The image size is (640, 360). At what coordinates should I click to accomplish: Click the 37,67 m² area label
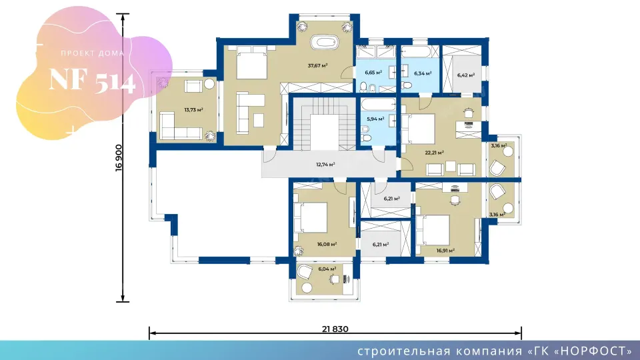[317, 65]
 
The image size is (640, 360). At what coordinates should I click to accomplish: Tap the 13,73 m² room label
[193, 110]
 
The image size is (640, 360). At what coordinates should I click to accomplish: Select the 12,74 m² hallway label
[325, 165]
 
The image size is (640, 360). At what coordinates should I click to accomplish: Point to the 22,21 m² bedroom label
[434, 153]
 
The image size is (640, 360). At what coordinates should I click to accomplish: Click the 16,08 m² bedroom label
[327, 244]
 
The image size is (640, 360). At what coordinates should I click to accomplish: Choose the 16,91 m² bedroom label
[445, 251]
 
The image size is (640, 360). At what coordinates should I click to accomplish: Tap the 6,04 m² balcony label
[327, 269]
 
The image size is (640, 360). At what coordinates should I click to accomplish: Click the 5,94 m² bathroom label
[375, 119]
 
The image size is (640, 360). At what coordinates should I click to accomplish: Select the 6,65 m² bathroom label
[373, 72]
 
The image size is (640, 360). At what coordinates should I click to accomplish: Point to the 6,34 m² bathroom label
[423, 73]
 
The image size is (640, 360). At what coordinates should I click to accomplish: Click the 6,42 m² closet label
[466, 75]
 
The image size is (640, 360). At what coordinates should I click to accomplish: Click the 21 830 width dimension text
[335, 329]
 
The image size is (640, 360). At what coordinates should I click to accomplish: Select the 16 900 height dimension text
[119, 157]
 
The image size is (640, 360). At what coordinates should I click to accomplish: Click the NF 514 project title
[92, 81]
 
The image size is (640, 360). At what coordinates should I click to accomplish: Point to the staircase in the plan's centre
[325, 124]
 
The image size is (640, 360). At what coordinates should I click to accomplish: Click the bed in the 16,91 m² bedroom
[432, 230]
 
